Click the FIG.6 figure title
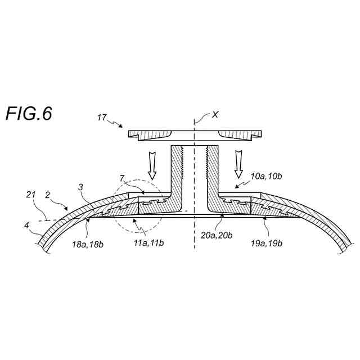tap(29, 113)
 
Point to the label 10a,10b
tap(265, 175)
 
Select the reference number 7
tap(122, 178)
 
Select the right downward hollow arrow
tap(239, 161)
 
